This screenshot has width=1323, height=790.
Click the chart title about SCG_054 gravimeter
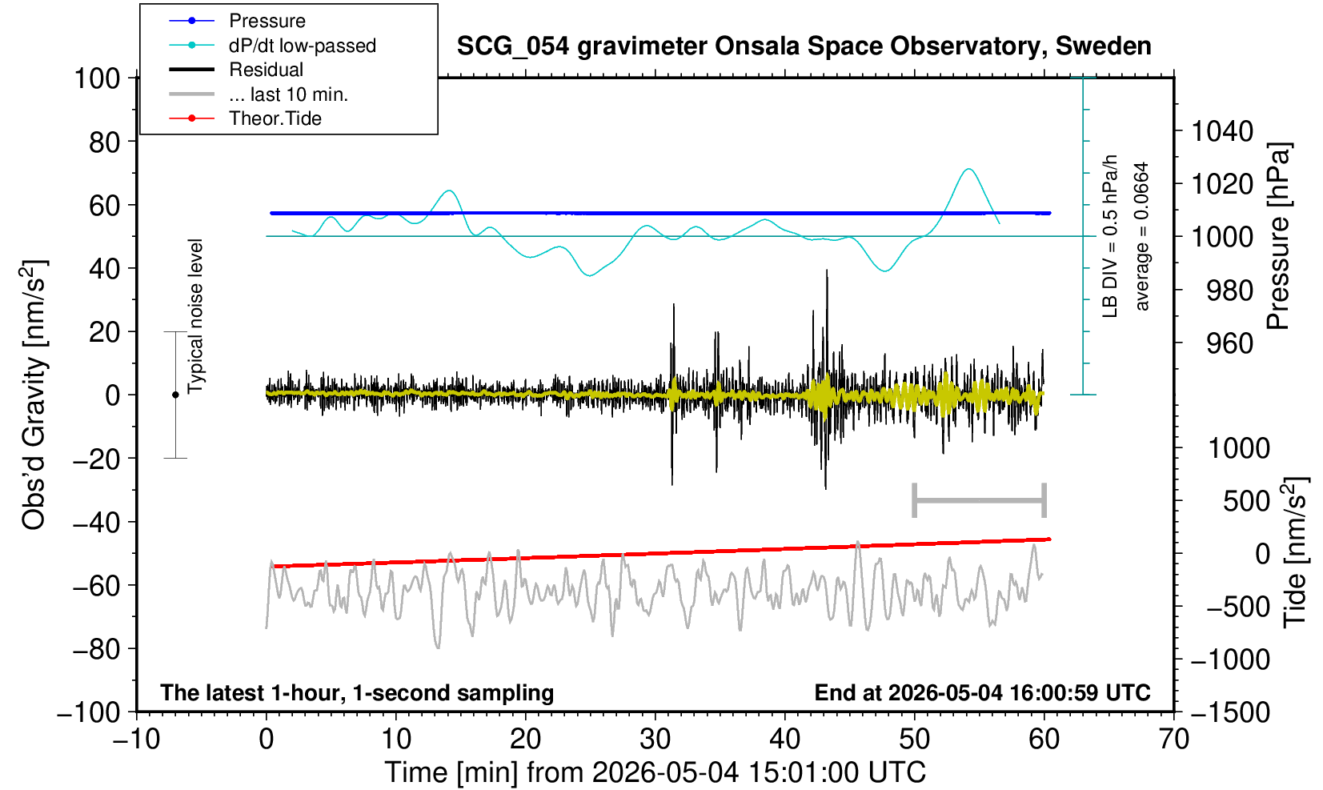click(804, 46)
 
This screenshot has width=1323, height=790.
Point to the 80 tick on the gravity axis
click(105, 142)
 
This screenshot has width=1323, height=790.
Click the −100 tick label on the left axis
click(89, 712)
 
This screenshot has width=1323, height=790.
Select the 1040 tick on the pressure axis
click(1222, 130)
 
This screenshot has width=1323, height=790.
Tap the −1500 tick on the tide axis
click(1229, 712)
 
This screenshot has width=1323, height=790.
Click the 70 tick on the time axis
click(1173, 739)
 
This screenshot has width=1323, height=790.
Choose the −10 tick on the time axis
click(136, 739)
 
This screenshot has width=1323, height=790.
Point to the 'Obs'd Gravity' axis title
click(34, 395)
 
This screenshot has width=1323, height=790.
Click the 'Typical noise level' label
click(195, 317)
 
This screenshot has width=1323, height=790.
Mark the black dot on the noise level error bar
click(175, 395)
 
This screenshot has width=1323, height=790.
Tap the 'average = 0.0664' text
click(1142, 236)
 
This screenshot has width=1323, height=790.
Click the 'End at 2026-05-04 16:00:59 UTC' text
click(982, 692)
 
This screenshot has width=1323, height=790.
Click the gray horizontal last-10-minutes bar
click(980, 500)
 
